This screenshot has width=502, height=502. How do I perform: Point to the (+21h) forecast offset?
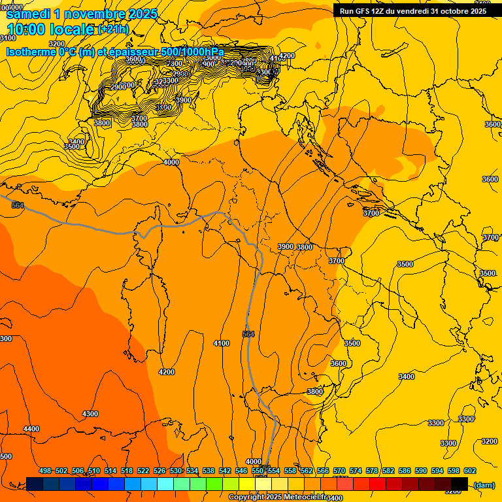pyautogui.click(x=113, y=29)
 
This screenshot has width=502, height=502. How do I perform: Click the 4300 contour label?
pyautogui.click(x=90, y=414)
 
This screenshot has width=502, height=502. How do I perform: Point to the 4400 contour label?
pyautogui.click(x=31, y=429)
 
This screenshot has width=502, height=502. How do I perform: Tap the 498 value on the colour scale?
pyautogui.click(x=45, y=471)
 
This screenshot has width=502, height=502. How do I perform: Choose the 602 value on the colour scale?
pyautogui.click(x=470, y=471)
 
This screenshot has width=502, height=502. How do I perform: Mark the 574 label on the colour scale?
pyautogui.click(x=356, y=471)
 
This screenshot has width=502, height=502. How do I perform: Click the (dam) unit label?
pyautogui.click(x=484, y=484)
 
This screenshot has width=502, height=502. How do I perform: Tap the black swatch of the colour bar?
pyautogui.click(x=460, y=484)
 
